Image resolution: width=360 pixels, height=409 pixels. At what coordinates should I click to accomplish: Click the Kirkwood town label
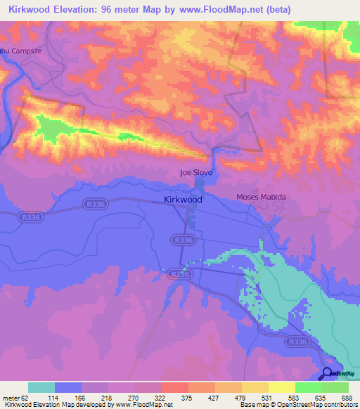pyautogui.click(x=183, y=200)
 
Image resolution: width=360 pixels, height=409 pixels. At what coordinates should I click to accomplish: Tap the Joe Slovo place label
pyautogui.click(x=196, y=172)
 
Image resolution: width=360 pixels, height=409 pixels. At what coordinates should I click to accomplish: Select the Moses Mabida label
pyautogui.click(x=262, y=197)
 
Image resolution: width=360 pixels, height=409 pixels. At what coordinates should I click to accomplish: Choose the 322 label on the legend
pyautogui.click(x=160, y=397)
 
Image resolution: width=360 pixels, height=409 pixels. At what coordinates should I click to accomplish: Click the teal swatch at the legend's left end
pyautogui.click(x=41, y=387)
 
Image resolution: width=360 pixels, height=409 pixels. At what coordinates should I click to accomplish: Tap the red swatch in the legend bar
pyautogui.click(x=174, y=387)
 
